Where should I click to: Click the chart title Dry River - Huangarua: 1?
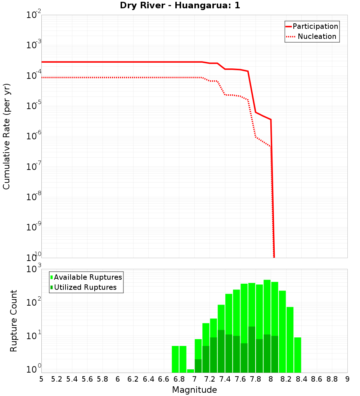[x=180, y=5]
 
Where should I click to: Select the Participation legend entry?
[x=315, y=27]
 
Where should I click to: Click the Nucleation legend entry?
[x=316, y=37]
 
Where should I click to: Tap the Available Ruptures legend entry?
[x=88, y=277]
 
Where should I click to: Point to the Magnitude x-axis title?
[x=194, y=390]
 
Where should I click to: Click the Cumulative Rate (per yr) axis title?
[x=6, y=136]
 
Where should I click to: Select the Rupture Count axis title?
[x=14, y=321]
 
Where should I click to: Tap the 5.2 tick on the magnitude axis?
[x=57, y=379]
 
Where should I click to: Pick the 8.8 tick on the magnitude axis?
[x=332, y=379]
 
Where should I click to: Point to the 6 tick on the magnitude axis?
[x=118, y=379]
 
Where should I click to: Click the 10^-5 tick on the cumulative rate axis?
[x=34, y=106]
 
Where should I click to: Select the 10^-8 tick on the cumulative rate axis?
[x=34, y=197]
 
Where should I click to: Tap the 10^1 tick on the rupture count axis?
[x=34, y=336]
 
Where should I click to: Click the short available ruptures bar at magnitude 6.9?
[x=190, y=371]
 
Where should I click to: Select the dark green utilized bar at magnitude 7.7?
[x=252, y=350]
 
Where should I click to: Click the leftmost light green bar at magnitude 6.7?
[x=175, y=359]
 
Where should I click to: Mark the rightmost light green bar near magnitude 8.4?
[x=297, y=355]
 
